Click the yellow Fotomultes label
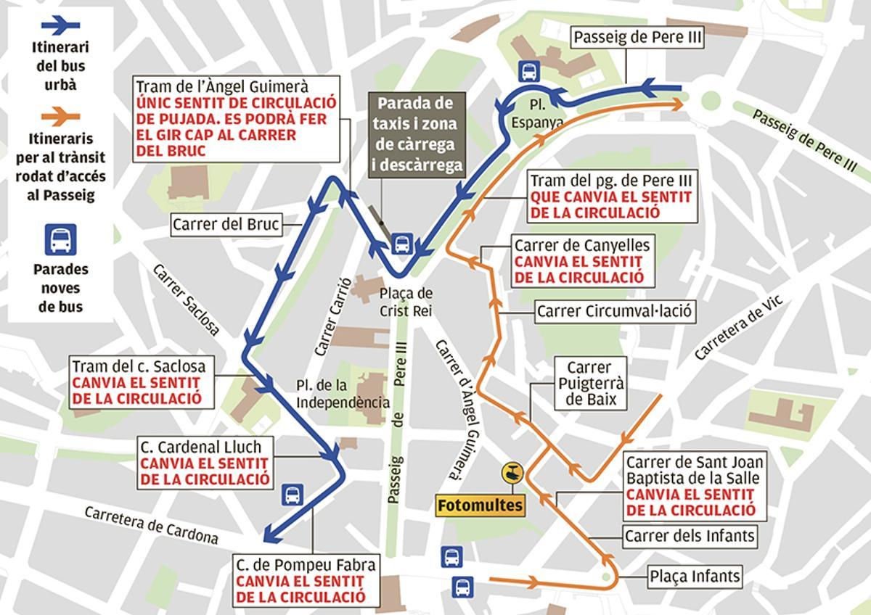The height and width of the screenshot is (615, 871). coord(481,505)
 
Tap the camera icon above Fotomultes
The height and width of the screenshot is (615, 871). coord(513,473)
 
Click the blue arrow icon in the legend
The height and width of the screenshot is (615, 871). coord(60,25)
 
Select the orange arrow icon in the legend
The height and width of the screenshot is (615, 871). coord(60,116)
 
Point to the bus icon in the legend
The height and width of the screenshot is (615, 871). coord(60,239)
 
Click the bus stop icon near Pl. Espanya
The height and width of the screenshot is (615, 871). coord(529,71)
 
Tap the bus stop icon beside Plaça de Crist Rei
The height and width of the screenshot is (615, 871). coord(401,244)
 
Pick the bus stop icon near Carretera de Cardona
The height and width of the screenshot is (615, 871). coord(293,495)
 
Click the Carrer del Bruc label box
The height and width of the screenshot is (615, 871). coord(226,225)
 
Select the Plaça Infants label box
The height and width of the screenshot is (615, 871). coord(695,577)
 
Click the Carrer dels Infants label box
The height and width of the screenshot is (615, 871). coord(690,537)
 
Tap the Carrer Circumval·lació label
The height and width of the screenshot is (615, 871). coord(615,312)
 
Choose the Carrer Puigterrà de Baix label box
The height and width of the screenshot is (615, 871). coord(589,384)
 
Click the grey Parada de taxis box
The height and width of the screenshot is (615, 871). coord(417,134)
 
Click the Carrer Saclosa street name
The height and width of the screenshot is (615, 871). coord(186,300)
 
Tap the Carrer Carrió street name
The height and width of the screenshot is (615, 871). coord(333,316)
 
